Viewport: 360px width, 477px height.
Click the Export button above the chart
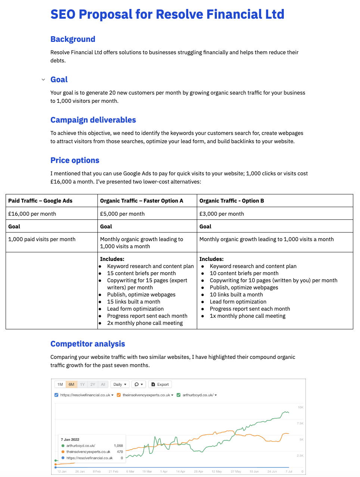160,384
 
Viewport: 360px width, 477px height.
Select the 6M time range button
71,384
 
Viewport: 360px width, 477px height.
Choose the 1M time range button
60,384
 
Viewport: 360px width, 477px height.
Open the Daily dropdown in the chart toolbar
120,384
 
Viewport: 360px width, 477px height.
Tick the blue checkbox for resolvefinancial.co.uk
56,395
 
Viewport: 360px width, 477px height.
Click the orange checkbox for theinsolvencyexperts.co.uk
119,395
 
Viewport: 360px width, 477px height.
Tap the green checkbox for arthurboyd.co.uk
179,395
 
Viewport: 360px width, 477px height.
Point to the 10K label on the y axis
300,407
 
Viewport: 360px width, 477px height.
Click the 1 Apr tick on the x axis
164,471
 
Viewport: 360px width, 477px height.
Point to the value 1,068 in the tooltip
118,446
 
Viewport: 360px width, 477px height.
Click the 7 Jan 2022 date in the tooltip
70,440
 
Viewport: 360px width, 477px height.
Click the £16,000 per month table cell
32,214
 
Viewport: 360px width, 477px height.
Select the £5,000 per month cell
122,214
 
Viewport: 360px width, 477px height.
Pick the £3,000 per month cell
221,214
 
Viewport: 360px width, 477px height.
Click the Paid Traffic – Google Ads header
40,201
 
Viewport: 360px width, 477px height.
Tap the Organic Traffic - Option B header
232,201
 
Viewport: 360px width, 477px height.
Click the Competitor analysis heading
88,344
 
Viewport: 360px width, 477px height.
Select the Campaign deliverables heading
93,120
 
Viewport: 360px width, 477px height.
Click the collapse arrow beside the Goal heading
43,80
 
